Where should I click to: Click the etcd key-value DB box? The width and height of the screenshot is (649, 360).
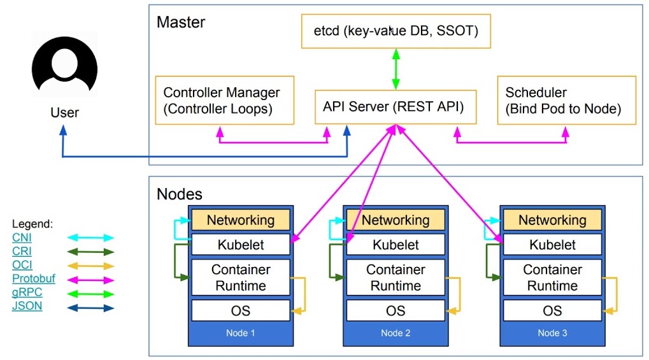pos(396,31)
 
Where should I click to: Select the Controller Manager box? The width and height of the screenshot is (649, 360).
pos(224,100)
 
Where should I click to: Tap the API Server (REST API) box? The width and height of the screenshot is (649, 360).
pos(396,107)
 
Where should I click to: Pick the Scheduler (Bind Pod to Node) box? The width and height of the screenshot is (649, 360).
pos(566,100)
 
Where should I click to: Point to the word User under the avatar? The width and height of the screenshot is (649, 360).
pos(64,113)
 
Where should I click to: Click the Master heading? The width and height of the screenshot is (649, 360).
pos(181,22)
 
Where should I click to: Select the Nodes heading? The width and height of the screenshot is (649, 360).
pos(179,194)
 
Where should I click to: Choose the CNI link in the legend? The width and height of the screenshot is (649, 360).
pos(22,238)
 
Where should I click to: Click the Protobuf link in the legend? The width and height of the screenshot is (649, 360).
pos(34,278)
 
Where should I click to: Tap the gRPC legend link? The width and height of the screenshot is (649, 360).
pos(27,292)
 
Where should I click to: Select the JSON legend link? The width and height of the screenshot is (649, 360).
pos(27,306)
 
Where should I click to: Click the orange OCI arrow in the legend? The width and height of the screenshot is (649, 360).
pos(90,266)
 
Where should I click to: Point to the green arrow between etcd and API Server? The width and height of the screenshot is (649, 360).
pos(396,69)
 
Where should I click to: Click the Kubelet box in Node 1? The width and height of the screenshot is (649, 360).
pos(241,245)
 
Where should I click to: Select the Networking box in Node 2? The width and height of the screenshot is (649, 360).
pos(396,220)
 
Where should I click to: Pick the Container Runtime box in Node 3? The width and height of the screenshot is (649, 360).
pos(552,278)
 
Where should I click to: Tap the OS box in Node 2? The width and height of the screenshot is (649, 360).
pos(396,311)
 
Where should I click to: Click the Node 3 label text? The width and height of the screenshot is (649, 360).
pos(552,333)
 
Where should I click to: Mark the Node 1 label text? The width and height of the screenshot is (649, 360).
pos(241,333)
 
